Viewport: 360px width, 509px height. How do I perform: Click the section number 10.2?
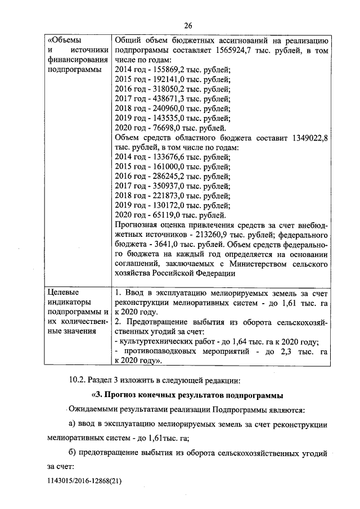[78, 377]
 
